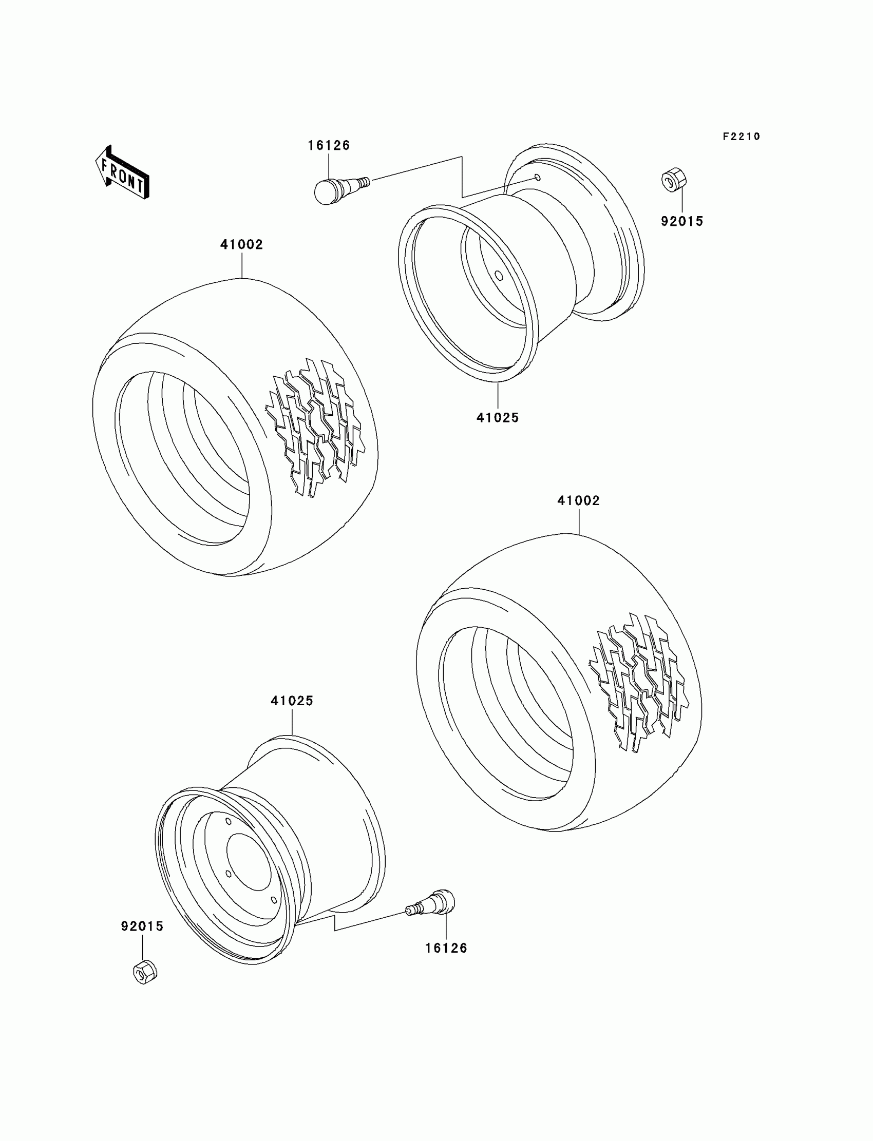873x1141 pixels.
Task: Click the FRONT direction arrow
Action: coord(123,172)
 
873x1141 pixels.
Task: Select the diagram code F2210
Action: coord(741,137)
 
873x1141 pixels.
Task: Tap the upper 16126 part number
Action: coord(329,145)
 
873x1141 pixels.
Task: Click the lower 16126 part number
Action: coord(446,949)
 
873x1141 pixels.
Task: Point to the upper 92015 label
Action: coord(682,221)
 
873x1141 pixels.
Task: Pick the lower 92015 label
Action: coord(142,926)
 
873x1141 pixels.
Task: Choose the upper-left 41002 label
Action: coord(242,244)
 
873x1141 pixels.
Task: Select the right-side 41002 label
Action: coord(578,500)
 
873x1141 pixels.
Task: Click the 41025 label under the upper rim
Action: coord(497,418)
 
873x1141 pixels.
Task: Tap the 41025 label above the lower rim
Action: coord(292,701)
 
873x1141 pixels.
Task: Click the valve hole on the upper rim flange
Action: coord(538,178)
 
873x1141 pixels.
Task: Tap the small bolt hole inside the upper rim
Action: coord(498,275)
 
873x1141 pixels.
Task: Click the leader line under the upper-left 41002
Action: coord(242,265)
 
